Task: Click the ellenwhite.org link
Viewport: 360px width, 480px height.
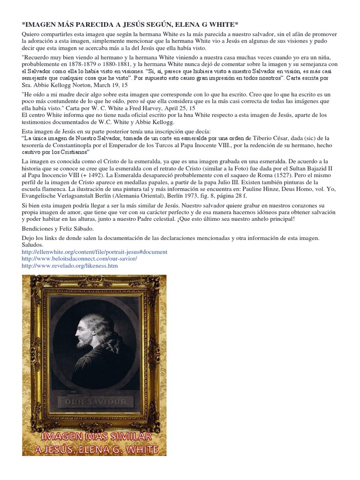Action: [x=94, y=252]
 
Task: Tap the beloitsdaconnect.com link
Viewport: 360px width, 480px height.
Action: [x=79, y=259]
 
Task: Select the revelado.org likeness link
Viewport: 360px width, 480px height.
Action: [x=70, y=266]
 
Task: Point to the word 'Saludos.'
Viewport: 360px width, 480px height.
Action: [x=32, y=245]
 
